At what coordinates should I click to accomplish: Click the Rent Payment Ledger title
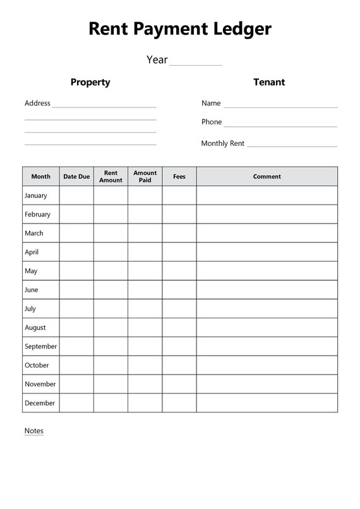[x=180, y=28]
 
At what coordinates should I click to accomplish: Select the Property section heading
[x=90, y=82]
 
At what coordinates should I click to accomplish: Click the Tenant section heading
[x=269, y=82]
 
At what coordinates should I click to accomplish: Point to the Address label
[x=37, y=103]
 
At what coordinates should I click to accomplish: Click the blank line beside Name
[x=280, y=105]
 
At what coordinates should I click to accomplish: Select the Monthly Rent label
[x=222, y=143]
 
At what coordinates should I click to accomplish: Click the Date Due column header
[x=76, y=177]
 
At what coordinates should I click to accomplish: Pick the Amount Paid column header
[x=145, y=176]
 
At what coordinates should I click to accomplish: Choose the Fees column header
[x=179, y=177]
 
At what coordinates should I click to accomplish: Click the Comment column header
[x=267, y=177]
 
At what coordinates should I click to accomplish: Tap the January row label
[x=36, y=196]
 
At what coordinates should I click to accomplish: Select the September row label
[x=40, y=346]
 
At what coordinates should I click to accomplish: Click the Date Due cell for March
[x=76, y=233]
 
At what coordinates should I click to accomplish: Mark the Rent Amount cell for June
[x=111, y=290]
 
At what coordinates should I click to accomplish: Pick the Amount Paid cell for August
[x=145, y=328]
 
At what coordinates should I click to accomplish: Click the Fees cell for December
[x=179, y=403]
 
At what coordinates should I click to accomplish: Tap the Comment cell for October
[x=267, y=365]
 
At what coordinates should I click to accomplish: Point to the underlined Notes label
[x=34, y=431]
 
